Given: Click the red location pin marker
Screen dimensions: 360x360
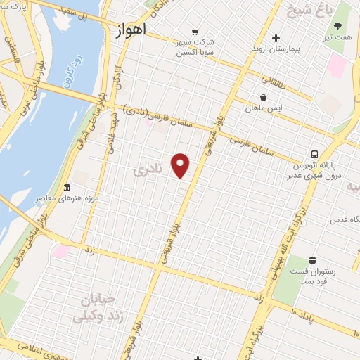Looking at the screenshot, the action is (181, 165).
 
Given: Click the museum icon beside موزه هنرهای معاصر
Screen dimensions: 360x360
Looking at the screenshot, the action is (67, 188).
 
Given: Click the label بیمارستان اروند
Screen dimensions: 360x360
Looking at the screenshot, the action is (276, 51).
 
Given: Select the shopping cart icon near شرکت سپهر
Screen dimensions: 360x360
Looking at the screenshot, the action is (195, 32).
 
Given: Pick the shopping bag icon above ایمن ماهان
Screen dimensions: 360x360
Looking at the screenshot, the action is (263, 96).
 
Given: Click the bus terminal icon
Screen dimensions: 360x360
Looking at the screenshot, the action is (315, 153).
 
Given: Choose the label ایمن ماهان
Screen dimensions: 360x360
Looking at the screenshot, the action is (262, 109).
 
